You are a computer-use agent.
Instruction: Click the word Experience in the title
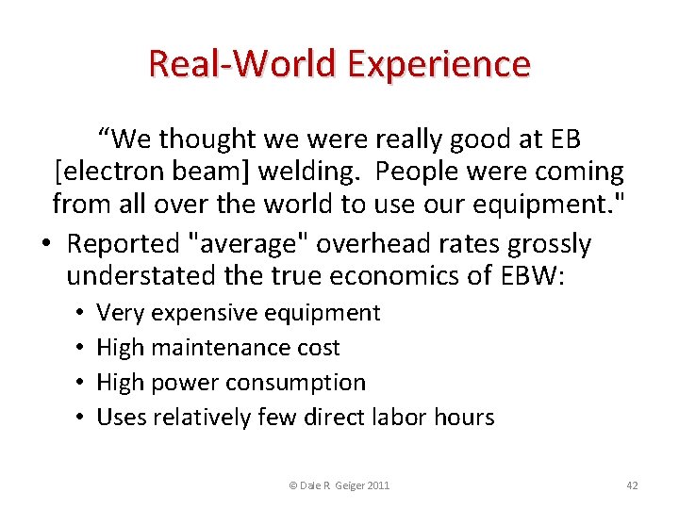point(439,65)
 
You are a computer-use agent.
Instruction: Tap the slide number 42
point(632,485)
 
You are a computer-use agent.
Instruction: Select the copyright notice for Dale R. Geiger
point(339,485)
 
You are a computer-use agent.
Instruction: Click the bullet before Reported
point(46,244)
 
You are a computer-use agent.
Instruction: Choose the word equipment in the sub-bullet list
point(331,313)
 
